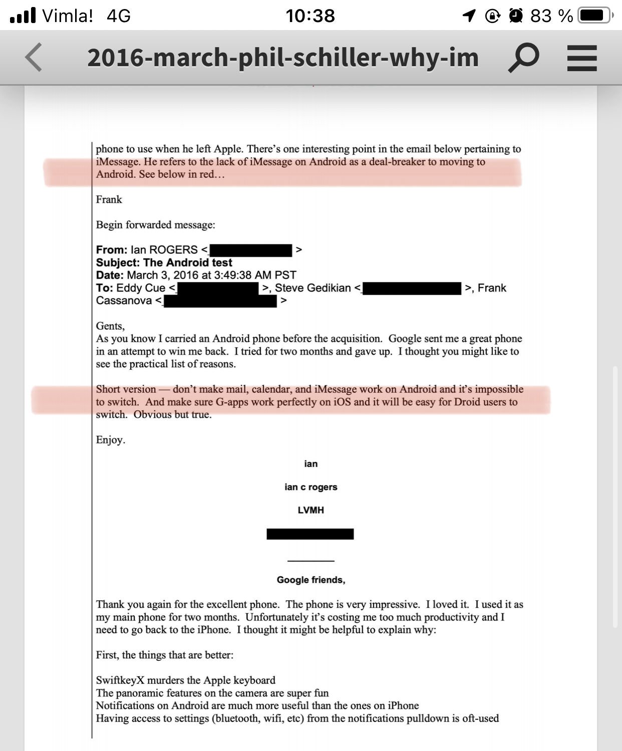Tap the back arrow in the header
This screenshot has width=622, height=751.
pos(34,57)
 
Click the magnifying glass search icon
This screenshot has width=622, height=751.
pos(523,58)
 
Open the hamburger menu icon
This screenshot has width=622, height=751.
pos(582,58)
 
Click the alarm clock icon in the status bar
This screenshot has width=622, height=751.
pos(516,16)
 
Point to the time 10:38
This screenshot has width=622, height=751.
pos(310,16)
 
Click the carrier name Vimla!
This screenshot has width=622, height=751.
pos(68,16)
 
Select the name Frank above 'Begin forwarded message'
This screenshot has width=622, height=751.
pos(109,199)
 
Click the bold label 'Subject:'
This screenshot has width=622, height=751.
pos(118,263)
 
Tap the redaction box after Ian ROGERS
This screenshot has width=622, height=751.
pos(250,250)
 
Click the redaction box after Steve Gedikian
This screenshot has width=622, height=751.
pos(412,288)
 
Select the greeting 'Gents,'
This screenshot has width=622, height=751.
pos(110,326)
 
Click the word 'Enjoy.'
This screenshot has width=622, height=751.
pos(111,440)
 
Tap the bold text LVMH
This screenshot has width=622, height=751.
pos(310,510)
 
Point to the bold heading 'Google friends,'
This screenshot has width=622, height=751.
pos(310,580)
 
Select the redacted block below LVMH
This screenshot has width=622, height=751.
pos(310,534)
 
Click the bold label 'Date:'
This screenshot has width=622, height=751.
pos(110,275)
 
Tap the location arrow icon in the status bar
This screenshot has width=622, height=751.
pos(469,16)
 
